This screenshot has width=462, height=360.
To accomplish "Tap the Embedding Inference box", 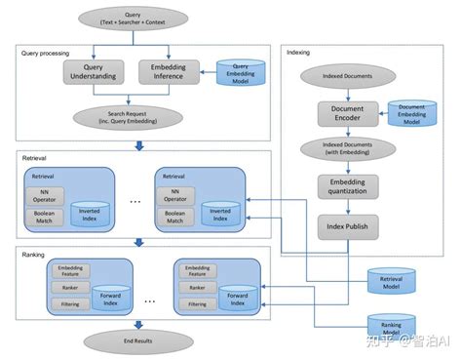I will point(169,72).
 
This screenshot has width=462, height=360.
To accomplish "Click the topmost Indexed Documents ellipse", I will point(346,75).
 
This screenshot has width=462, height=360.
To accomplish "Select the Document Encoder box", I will point(346,112).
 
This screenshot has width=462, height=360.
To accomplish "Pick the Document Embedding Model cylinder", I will point(411,114).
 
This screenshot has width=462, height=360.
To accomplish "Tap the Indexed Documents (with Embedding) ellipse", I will point(346,149).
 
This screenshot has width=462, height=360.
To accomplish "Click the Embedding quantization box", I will point(346,186).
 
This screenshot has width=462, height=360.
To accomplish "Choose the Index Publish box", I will point(346,226).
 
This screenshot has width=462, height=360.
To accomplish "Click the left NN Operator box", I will point(45,195).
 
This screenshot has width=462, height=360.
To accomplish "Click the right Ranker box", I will point(197,288).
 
